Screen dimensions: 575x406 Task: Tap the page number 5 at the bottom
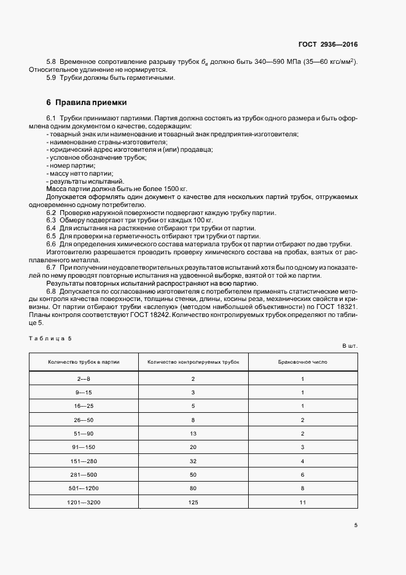tap(356, 525)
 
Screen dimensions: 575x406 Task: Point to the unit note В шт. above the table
tap(349, 346)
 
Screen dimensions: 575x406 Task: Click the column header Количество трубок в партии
tap(84, 362)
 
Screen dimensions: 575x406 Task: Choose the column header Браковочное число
tap(303, 362)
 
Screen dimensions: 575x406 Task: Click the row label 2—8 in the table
tap(84, 379)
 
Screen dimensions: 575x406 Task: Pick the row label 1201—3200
tap(84, 502)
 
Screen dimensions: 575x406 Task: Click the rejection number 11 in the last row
tap(303, 502)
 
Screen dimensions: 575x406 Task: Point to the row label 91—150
tap(84, 447)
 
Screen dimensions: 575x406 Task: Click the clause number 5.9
tap(52, 78)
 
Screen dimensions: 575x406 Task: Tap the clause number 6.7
tap(52, 268)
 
